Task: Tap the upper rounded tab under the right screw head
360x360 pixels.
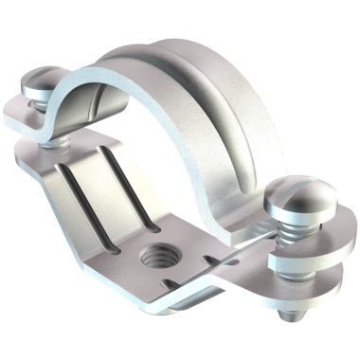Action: click(x=313, y=244)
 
